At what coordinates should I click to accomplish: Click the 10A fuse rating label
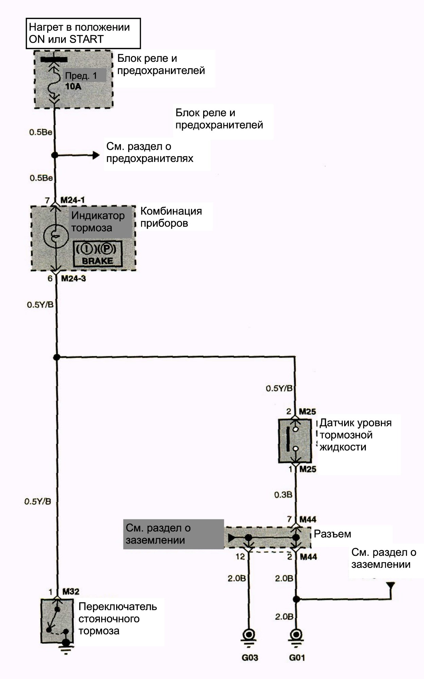[x=73, y=86]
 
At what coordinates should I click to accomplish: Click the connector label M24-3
[x=73, y=278]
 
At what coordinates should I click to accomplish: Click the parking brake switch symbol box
[x=57, y=621]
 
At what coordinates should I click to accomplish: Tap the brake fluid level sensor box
[x=295, y=441]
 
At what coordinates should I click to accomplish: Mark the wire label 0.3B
[x=283, y=495]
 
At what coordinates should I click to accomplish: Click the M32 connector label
[x=70, y=591]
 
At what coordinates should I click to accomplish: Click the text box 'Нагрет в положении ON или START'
[x=83, y=33]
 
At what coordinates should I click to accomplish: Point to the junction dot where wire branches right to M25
[x=56, y=357]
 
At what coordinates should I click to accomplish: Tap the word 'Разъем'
[x=332, y=534]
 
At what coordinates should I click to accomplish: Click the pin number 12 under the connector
[x=240, y=557]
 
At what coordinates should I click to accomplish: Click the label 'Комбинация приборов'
[x=171, y=217]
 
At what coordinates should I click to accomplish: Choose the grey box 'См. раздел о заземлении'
[x=174, y=534]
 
